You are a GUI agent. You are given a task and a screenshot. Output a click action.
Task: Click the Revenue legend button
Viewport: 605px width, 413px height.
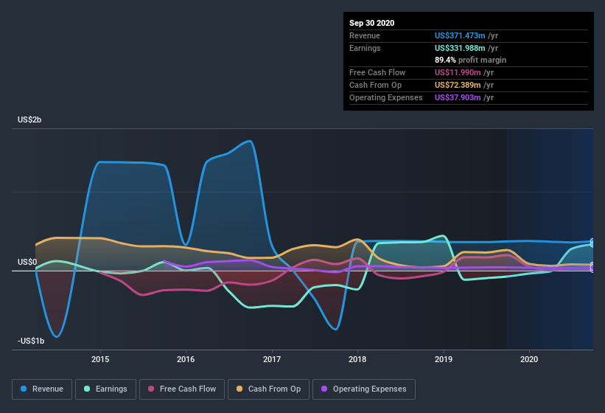click(x=43, y=389)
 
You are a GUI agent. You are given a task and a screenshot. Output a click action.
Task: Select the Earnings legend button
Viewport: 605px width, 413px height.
click(x=105, y=389)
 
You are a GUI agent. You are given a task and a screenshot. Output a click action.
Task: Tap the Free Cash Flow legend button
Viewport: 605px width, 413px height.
click(x=181, y=389)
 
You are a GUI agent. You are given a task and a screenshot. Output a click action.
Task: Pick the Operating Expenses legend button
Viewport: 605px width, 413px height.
click(x=363, y=389)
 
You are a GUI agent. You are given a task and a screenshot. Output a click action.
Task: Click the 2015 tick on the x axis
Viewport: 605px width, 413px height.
click(x=100, y=359)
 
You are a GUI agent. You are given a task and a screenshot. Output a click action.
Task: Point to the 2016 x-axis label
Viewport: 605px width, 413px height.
click(x=186, y=359)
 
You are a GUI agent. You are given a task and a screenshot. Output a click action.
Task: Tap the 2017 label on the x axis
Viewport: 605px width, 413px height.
click(x=272, y=359)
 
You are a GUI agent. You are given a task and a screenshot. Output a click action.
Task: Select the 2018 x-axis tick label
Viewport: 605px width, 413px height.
click(x=358, y=359)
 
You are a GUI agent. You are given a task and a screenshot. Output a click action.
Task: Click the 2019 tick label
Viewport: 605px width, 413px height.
click(x=444, y=359)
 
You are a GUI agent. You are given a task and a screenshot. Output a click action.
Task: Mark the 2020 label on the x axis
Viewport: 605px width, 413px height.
click(x=529, y=359)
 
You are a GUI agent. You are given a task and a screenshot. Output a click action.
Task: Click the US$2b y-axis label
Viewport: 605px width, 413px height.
click(x=29, y=119)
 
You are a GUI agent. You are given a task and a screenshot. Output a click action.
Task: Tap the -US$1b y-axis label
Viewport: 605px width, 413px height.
click(x=30, y=340)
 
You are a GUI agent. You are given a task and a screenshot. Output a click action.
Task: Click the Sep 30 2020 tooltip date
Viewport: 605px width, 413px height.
click(x=372, y=23)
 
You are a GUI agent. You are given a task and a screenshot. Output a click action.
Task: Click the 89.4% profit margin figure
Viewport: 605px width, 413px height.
click(x=444, y=60)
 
